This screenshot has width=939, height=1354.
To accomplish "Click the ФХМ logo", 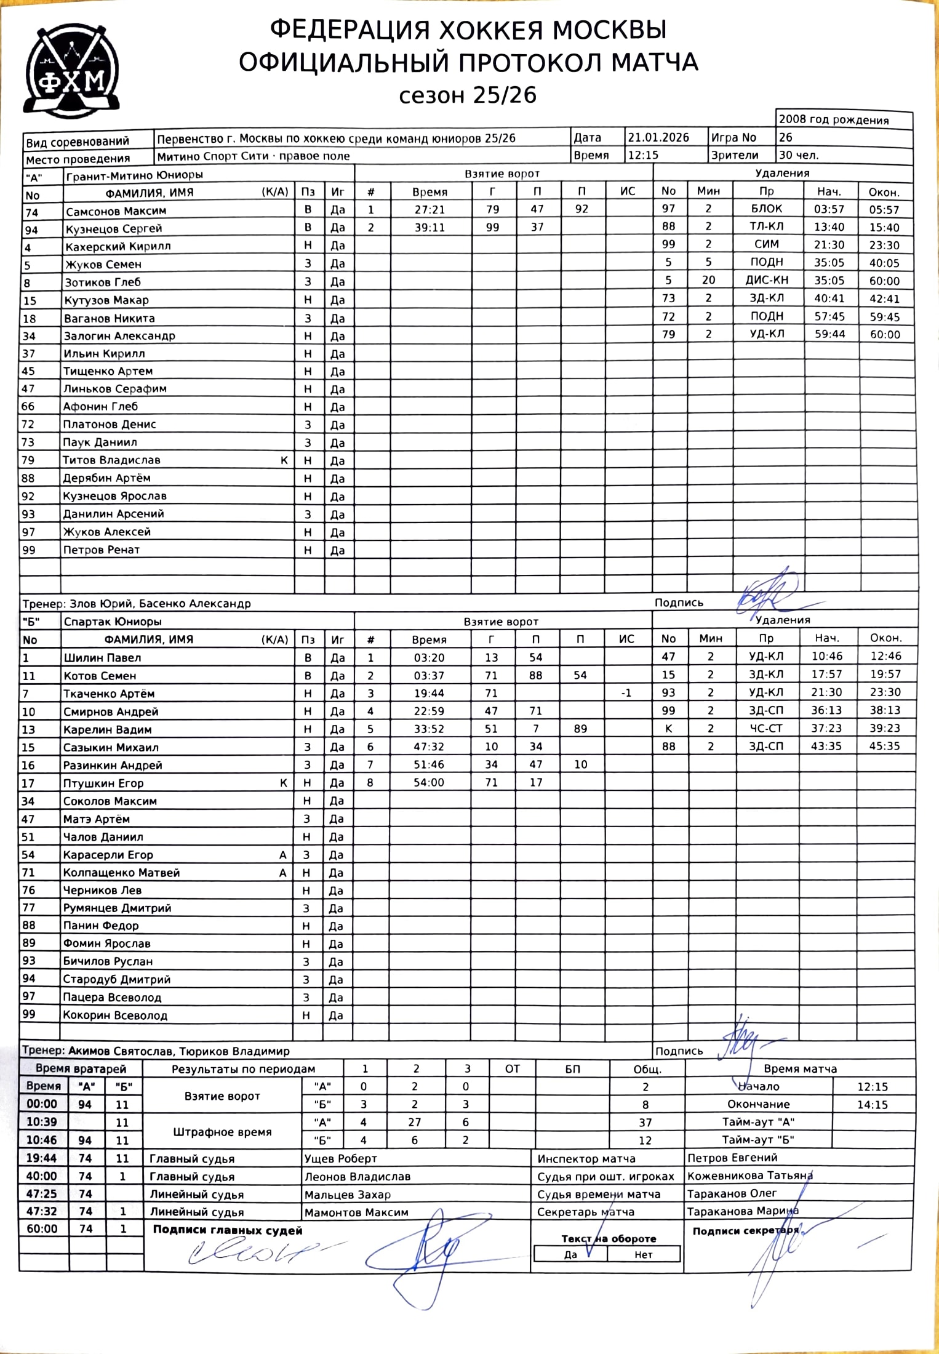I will point(71,71).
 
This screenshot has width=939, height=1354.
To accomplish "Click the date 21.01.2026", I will point(658,137).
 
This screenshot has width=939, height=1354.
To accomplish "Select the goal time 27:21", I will point(429,209).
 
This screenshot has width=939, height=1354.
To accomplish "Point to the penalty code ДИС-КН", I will point(766,280).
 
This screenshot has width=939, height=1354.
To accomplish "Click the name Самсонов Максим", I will point(116,210).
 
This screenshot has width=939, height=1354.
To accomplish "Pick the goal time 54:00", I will point(429,782).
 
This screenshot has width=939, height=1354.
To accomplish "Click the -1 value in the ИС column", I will point(626,693).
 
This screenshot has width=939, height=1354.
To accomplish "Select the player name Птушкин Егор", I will point(103,783).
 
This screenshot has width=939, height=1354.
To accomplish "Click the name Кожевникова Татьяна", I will point(750,1176).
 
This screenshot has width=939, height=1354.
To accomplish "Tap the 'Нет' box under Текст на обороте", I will point(643,1254).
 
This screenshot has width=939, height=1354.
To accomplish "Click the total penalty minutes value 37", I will point(645,1122).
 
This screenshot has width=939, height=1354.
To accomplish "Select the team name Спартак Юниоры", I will point(113,622).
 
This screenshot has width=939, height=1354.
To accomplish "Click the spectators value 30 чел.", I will point(799,155).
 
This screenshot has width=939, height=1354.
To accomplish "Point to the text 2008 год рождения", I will point(833,120).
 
